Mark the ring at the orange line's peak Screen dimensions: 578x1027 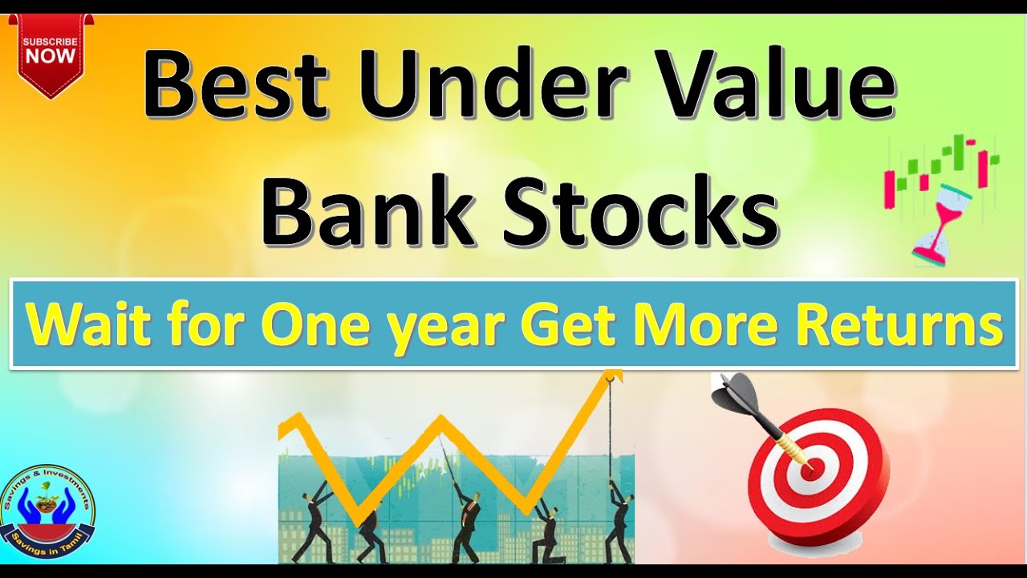tap(614, 375)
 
